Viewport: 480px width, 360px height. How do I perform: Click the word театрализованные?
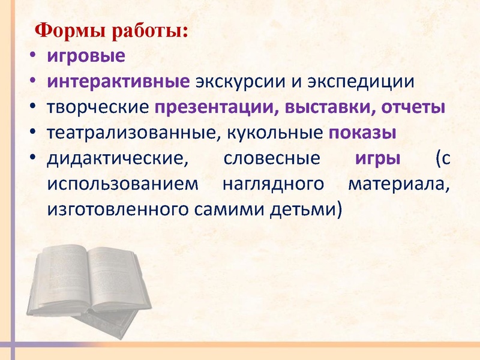pyautogui.click(x=125, y=133)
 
